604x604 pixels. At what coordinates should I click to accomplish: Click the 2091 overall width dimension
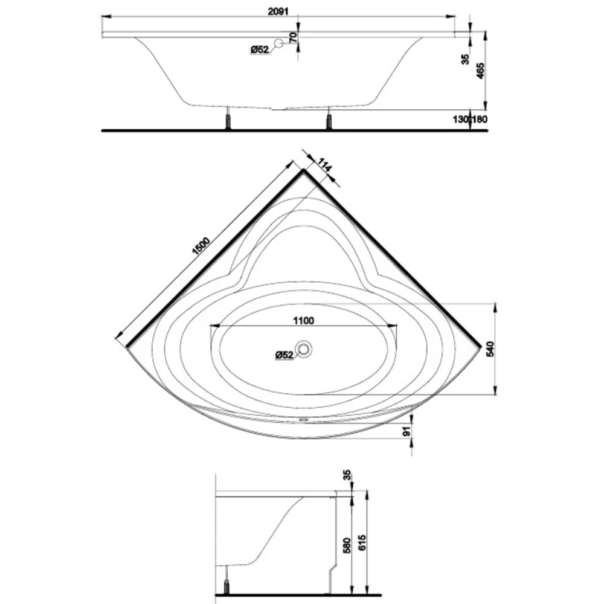(x=278, y=11)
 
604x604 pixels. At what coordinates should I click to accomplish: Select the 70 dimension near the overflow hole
(x=293, y=37)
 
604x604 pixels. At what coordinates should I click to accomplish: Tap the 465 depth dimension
(x=480, y=71)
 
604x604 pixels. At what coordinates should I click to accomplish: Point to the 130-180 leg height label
(x=469, y=120)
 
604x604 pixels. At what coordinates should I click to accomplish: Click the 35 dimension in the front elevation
(x=466, y=59)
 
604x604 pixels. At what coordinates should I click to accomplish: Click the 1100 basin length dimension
(x=304, y=321)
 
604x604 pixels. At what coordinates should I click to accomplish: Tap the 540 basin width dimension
(x=490, y=349)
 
